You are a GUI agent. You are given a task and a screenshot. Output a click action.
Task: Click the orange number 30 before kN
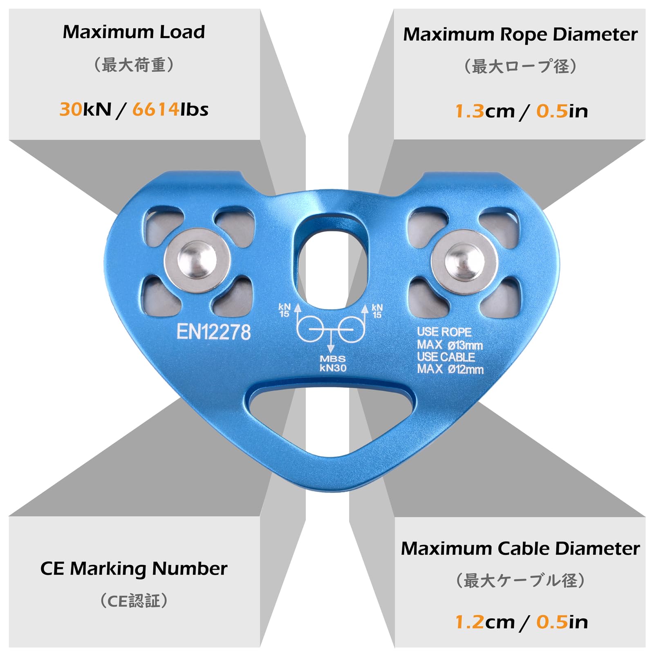71,110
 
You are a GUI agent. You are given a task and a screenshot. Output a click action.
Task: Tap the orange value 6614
156,110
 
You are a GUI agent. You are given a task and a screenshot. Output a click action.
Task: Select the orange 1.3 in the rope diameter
470,111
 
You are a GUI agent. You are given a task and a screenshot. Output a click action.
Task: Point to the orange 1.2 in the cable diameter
470,622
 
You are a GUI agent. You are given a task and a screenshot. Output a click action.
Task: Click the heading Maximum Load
134,32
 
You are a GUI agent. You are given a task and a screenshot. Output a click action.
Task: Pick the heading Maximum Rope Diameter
520,35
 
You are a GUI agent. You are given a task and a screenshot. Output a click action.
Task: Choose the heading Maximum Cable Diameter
520,549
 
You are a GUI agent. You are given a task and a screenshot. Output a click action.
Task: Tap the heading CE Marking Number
134,569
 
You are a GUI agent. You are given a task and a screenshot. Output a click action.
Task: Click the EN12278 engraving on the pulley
213,332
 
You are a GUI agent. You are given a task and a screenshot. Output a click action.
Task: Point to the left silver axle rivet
197,260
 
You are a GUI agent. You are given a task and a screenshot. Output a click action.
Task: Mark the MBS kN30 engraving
333,363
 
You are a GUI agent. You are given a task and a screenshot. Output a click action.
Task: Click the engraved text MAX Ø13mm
450,345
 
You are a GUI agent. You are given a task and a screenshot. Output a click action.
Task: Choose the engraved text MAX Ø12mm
450,369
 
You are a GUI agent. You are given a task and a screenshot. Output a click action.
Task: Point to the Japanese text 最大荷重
134,65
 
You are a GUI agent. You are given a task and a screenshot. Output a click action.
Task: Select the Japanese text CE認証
134,601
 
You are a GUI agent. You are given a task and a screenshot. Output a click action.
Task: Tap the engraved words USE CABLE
446,357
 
